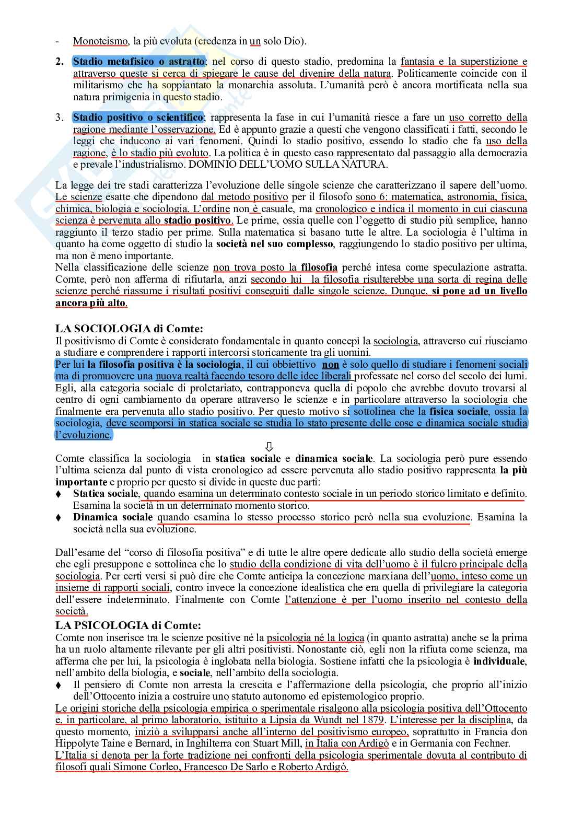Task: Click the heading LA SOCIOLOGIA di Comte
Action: pos(129,329)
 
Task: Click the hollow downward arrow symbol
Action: pos(270,447)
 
